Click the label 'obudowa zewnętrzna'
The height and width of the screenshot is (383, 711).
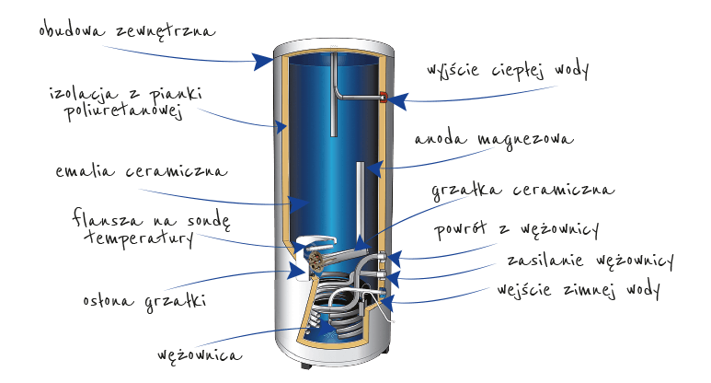coord(127,30)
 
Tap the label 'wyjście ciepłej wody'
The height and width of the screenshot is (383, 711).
coord(508,70)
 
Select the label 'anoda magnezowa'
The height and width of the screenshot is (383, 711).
coord(494,139)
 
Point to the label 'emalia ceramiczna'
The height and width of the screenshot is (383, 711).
coord(141,171)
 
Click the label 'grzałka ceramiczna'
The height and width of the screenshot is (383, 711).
coord(523,190)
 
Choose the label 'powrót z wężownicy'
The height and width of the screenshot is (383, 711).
coord(517,229)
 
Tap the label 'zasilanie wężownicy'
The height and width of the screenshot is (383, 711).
coord(591,261)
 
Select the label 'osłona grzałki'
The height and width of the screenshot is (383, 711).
coord(144,302)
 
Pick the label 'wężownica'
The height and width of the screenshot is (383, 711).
coord(200,354)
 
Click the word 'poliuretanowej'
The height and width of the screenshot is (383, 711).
coord(123,111)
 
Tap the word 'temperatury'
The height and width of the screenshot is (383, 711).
coord(139,238)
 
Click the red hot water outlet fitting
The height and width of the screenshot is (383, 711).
coord(384,96)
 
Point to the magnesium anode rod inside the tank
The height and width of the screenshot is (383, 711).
coord(360,204)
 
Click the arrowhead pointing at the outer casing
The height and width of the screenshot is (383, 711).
coord(262,61)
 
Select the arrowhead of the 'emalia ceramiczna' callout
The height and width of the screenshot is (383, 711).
coord(299,204)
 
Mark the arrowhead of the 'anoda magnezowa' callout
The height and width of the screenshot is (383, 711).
coord(374,168)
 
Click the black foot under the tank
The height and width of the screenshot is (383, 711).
coord(306,366)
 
